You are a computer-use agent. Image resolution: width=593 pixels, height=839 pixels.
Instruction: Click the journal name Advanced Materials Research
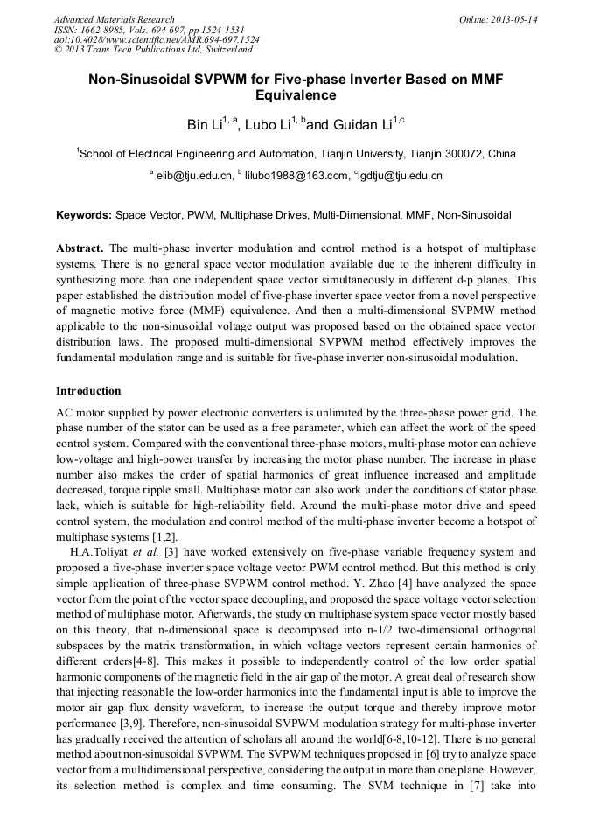(114, 19)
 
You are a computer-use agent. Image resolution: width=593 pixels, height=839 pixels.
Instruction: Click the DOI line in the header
(157, 40)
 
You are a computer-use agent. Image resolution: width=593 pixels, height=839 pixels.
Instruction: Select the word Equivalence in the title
(296, 95)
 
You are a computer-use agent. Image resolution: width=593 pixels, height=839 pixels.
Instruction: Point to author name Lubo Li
(262, 125)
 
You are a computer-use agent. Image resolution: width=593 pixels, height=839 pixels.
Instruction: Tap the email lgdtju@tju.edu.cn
(401, 176)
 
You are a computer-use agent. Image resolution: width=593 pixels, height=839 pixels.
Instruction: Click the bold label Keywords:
(84, 214)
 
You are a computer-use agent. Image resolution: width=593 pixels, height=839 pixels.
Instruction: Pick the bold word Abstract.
(80, 248)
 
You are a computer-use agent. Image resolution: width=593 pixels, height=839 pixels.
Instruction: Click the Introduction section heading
(88, 390)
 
